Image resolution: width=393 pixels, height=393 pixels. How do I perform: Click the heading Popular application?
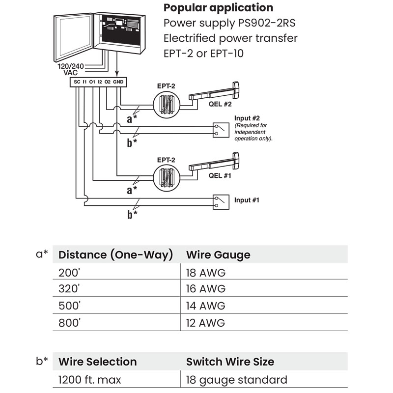tap(218, 8)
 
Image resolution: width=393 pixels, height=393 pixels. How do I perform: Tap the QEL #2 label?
tap(220, 104)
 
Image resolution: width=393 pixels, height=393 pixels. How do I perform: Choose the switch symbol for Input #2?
tap(220, 130)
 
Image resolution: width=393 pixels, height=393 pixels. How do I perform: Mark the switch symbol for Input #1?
tap(220, 201)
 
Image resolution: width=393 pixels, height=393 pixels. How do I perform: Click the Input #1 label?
tap(247, 200)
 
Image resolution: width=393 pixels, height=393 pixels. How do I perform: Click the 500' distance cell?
tap(69, 306)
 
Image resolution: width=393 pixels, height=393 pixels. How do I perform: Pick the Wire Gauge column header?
tap(218, 254)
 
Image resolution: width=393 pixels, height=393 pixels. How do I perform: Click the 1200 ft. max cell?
tap(90, 380)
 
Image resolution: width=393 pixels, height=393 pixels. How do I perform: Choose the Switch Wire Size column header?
tap(230, 362)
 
